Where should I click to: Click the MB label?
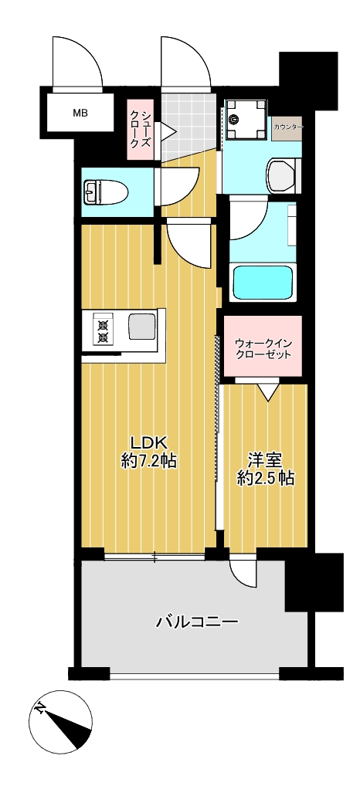[x=80, y=114]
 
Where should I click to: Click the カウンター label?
[x=287, y=126]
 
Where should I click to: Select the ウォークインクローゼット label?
[x=262, y=348]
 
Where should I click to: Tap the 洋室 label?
[x=264, y=459]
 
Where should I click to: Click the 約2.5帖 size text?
[x=265, y=479]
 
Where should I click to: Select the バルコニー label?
[x=196, y=622]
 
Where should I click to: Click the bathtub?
[x=263, y=282]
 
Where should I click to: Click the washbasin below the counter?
[x=281, y=174]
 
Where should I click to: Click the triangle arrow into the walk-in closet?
[x=267, y=393]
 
